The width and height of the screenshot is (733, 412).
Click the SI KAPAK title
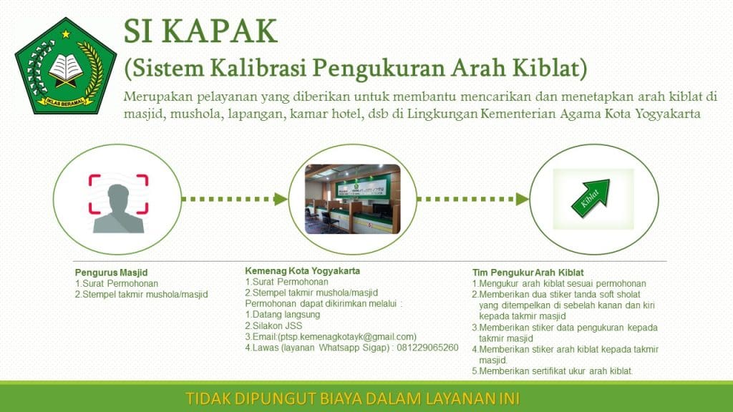[x=200, y=31]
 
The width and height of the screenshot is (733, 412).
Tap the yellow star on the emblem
[x=66, y=34]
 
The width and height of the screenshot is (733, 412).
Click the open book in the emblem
[x=66, y=67]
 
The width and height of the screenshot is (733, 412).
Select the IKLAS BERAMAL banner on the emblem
[x=65, y=102]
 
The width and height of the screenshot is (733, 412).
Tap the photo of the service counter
[x=352, y=199]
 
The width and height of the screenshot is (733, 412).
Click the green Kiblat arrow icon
[x=591, y=199]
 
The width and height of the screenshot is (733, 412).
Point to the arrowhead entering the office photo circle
[x=281, y=199]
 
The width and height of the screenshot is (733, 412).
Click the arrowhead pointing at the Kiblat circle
[x=522, y=199]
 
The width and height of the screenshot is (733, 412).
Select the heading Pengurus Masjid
[x=111, y=273]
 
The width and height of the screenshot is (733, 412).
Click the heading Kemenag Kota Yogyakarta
[x=303, y=270]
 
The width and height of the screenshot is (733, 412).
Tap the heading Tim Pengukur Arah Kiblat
[x=528, y=273]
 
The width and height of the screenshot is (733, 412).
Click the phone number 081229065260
[x=427, y=348]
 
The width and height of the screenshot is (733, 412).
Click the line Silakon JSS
[x=273, y=325]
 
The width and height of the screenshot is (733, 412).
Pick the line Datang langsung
[x=282, y=315]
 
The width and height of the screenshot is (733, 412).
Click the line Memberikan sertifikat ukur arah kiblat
[x=552, y=371]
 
